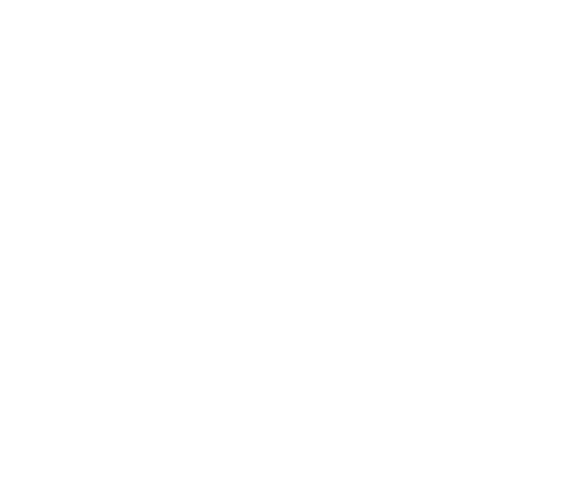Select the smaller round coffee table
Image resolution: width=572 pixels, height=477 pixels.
tap(297, 135)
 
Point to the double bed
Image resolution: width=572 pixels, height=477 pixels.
tap(488, 131)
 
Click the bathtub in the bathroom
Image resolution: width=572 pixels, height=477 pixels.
tap(197, 389)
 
